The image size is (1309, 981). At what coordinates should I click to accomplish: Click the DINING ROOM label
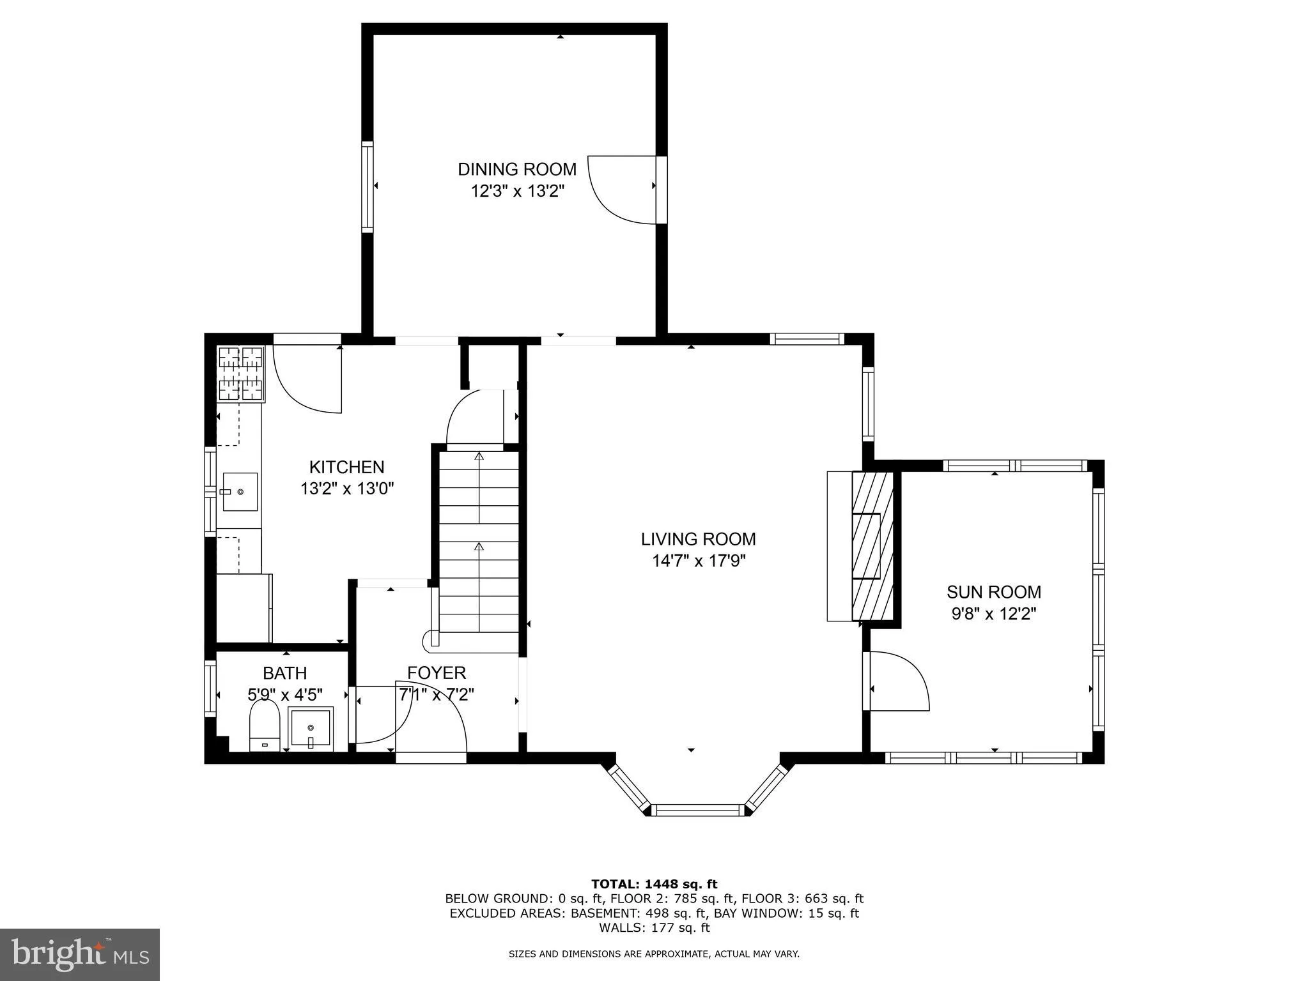point(516,169)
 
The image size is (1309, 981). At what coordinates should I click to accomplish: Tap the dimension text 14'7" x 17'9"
point(699,561)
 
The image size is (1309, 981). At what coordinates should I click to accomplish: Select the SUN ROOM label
point(993,592)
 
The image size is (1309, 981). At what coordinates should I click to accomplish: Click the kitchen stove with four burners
point(241,374)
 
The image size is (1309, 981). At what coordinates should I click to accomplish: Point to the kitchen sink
point(240,492)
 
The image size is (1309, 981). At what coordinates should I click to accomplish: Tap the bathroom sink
point(311,727)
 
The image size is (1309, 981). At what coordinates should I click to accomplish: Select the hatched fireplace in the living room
point(872,546)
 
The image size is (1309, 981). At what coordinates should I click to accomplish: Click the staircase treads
point(479,549)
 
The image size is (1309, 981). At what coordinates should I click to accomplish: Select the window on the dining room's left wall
point(367,186)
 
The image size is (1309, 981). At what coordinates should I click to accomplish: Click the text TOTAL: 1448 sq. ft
point(654,885)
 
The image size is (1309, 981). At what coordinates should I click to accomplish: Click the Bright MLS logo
point(80,954)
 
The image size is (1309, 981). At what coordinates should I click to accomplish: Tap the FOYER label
point(437,673)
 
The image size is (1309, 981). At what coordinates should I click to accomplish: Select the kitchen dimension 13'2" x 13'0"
point(346,489)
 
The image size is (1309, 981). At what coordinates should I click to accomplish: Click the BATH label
point(284,673)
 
